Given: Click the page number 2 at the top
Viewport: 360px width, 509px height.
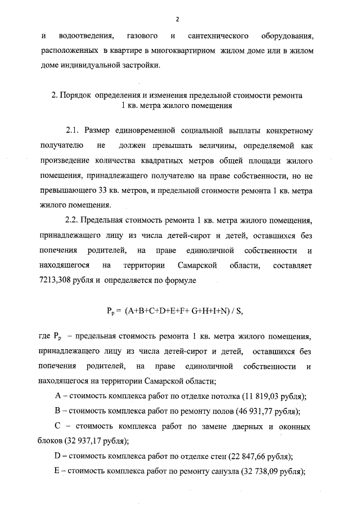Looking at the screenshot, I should pos(177,19).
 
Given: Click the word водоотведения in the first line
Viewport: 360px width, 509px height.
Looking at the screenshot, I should pos(82,37).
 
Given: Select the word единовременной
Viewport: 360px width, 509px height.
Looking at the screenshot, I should pos(160,130).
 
